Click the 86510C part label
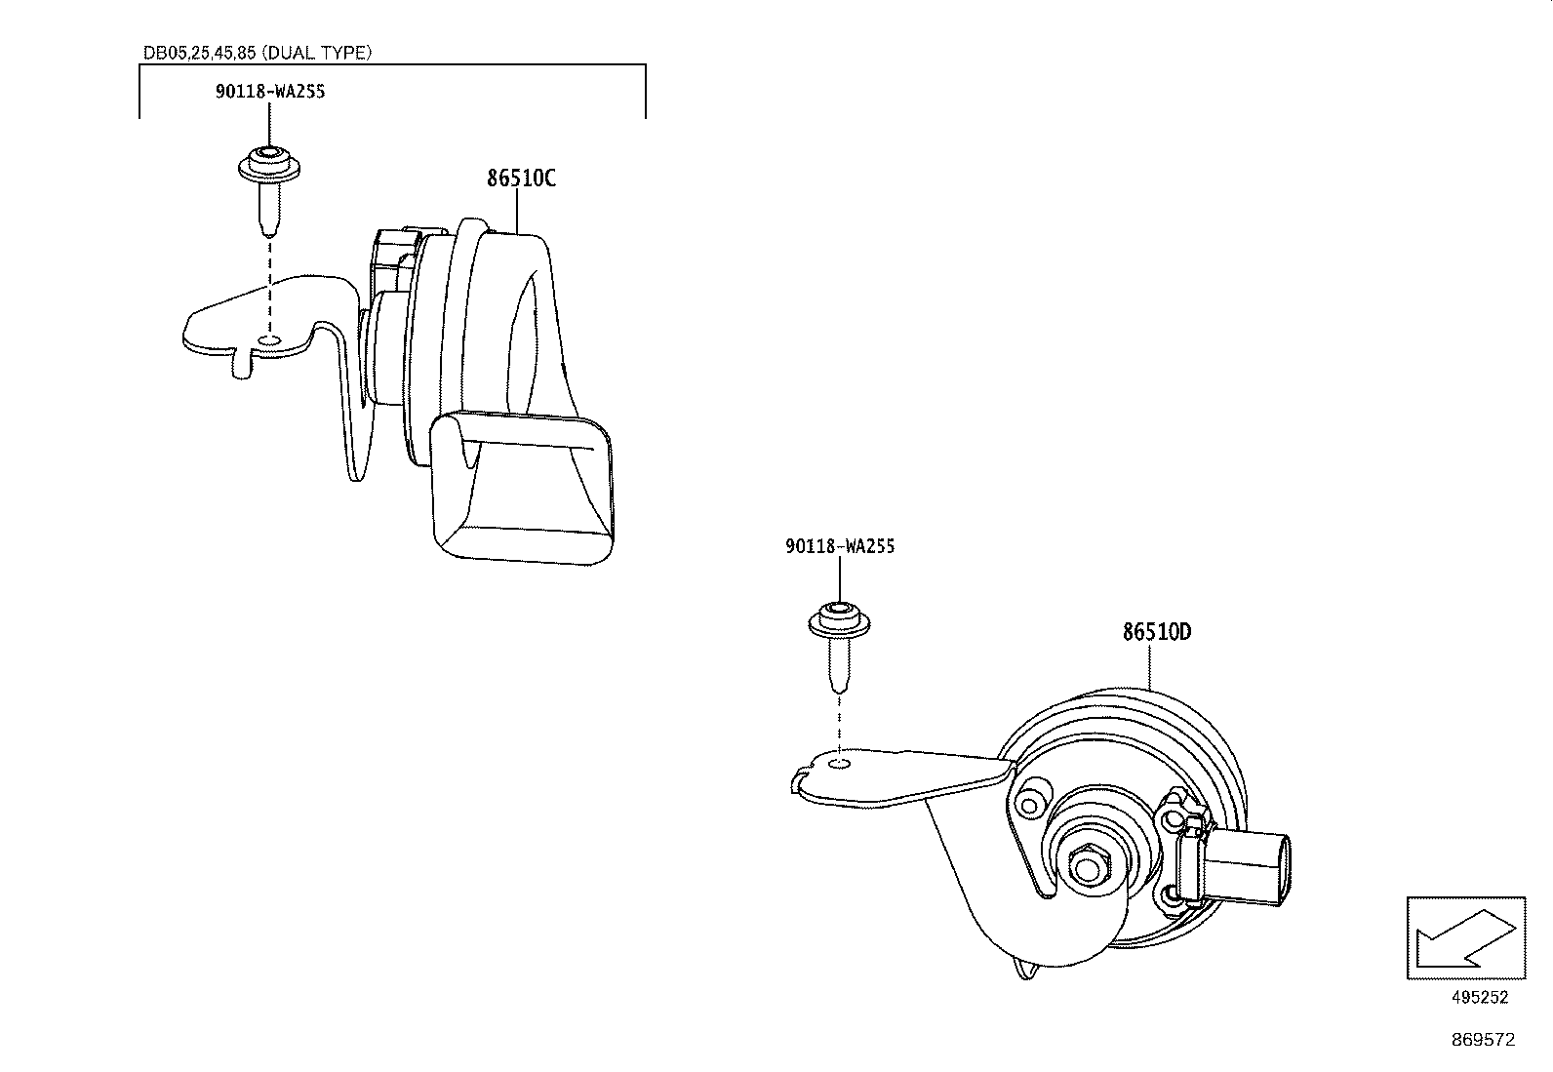(x=521, y=179)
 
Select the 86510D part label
(x=1156, y=632)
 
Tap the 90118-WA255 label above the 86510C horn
(x=269, y=92)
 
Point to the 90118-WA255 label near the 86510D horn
(x=840, y=546)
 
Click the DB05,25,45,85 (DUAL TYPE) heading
(x=258, y=53)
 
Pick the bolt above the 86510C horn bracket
(x=269, y=190)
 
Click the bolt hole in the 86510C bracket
(x=268, y=340)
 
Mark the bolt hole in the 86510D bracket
(x=840, y=764)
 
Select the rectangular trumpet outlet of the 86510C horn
(x=522, y=486)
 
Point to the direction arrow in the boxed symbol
(x=1465, y=939)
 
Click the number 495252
(x=1480, y=997)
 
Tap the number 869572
(x=1483, y=1040)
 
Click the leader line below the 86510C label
(x=517, y=211)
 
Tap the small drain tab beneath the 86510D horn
(x=1024, y=968)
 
